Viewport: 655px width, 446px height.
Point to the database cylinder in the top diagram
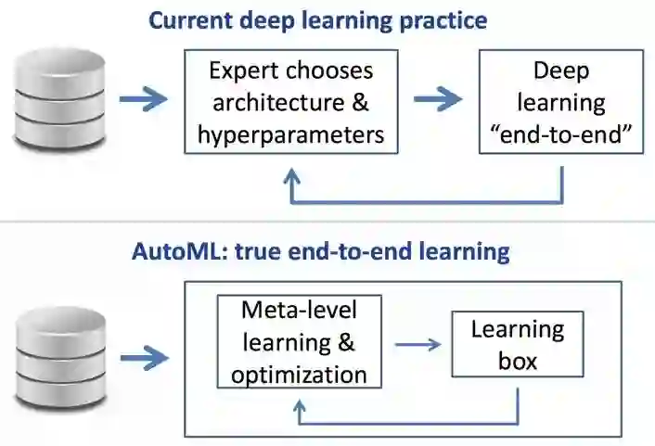58,99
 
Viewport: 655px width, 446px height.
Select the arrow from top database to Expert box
144,99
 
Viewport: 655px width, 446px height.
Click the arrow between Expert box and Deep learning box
438,99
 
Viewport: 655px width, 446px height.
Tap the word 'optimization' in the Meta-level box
298,376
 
